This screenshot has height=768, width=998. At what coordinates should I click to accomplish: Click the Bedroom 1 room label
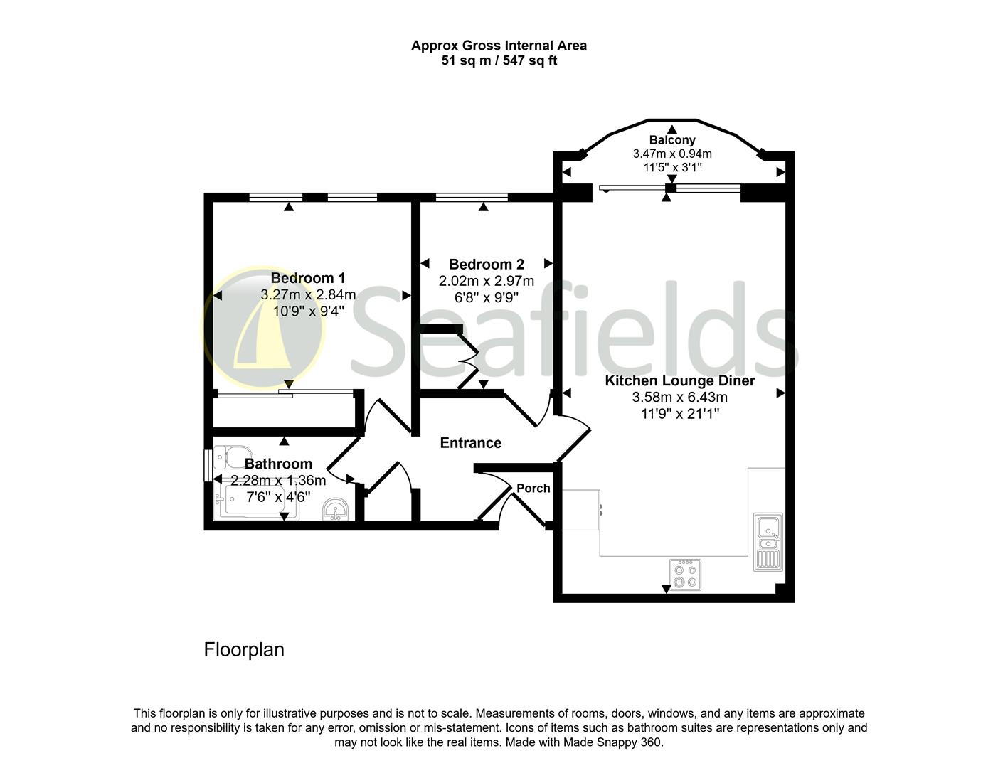click(x=308, y=278)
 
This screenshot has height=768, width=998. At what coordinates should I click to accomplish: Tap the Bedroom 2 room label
click(x=487, y=264)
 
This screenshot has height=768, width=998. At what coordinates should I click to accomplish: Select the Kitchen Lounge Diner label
click(x=680, y=380)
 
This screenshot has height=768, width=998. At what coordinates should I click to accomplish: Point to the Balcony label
click(x=672, y=139)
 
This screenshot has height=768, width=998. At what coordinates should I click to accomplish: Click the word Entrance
click(x=471, y=442)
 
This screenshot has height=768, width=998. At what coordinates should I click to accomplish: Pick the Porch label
click(x=533, y=488)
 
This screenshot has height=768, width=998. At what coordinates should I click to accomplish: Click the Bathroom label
click(x=278, y=464)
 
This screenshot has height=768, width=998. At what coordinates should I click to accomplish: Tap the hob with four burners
click(x=685, y=575)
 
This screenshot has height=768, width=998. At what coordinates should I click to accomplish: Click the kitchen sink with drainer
click(x=768, y=542)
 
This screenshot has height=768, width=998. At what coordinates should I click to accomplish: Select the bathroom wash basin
click(x=336, y=510)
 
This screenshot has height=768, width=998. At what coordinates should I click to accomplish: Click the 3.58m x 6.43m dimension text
click(x=680, y=397)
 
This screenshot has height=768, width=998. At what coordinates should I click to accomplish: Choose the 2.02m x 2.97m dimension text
click(x=487, y=280)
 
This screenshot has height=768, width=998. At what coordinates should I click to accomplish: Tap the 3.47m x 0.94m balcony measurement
click(x=672, y=154)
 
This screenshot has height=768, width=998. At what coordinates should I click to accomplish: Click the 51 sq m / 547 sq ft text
click(x=499, y=60)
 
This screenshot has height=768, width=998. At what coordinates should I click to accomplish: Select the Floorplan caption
click(x=244, y=649)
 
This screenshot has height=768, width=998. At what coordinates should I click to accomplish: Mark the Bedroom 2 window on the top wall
click(x=472, y=198)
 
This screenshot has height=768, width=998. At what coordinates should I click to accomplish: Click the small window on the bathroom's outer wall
click(x=208, y=466)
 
